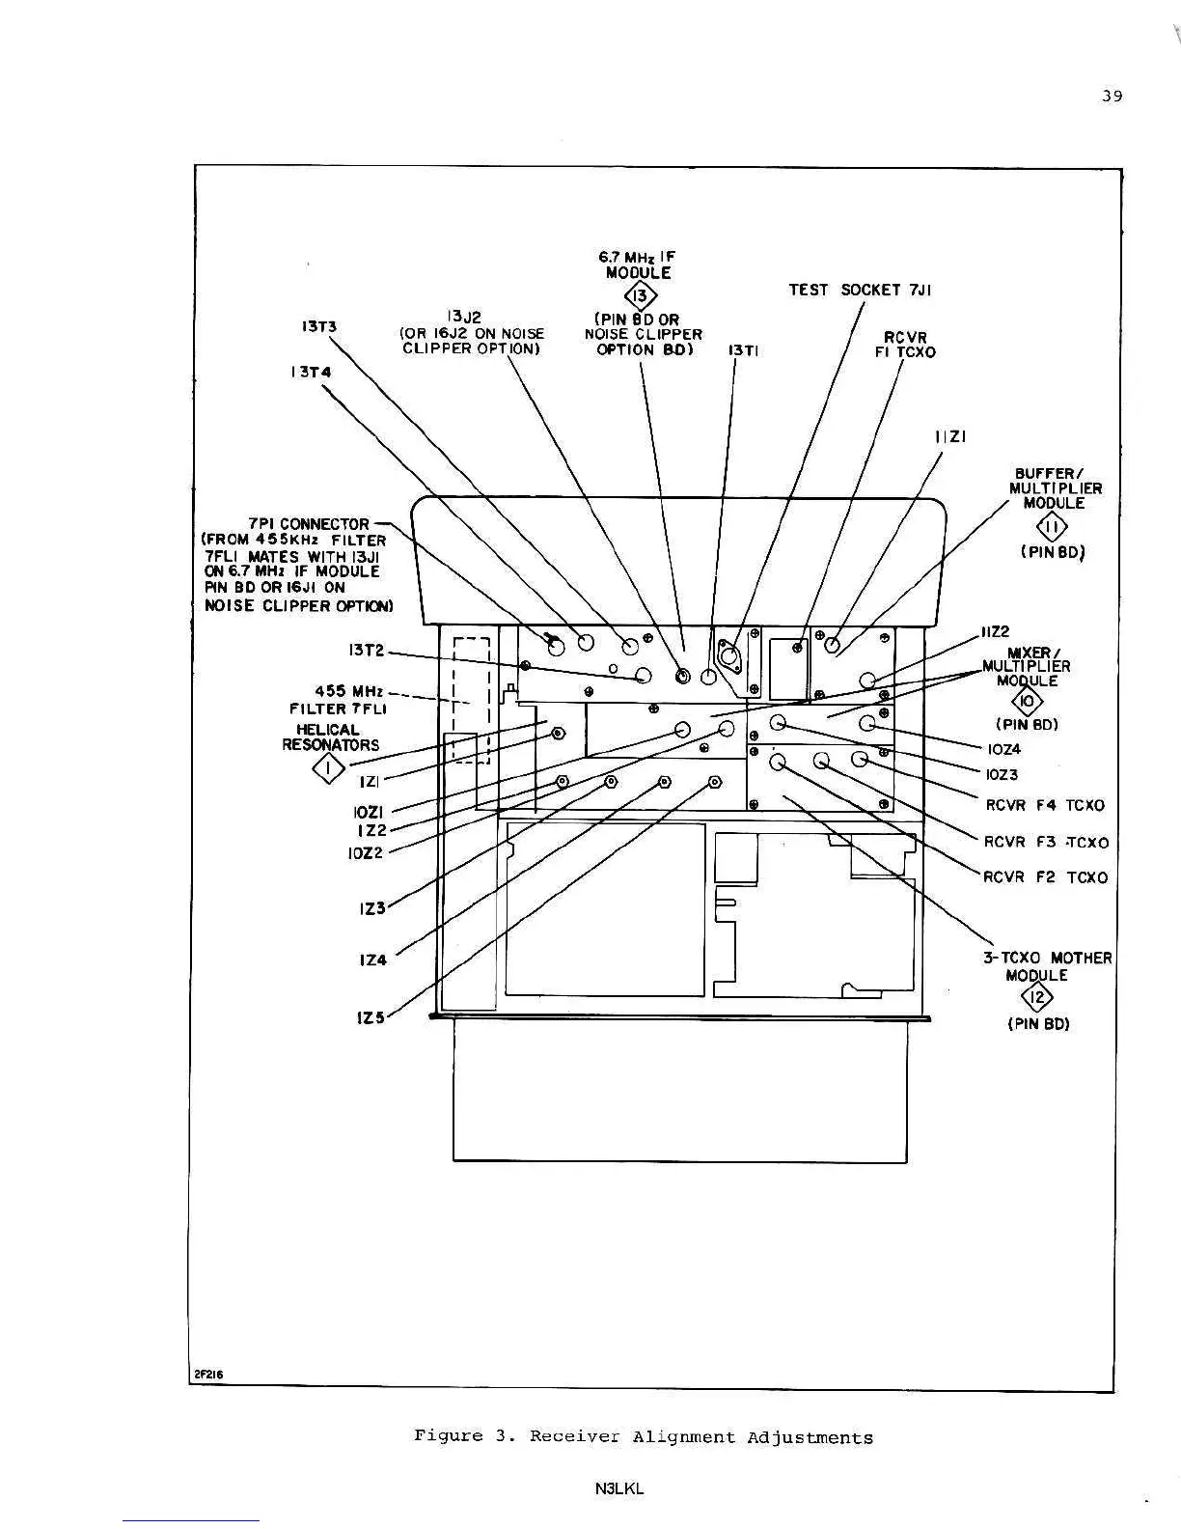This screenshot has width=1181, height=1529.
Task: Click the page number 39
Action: (1112, 96)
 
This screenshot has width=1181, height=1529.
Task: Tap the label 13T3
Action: (319, 326)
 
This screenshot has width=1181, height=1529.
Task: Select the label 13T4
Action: (311, 372)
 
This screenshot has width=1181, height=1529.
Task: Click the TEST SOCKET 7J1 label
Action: (860, 290)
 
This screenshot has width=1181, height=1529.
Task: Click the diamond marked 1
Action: (330, 769)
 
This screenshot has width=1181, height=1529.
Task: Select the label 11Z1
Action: (950, 437)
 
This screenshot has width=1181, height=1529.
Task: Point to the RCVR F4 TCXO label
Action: (1045, 805)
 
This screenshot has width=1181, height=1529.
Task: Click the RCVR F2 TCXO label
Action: (1046, 877)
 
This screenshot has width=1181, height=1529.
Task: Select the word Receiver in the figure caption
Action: (574, 1436)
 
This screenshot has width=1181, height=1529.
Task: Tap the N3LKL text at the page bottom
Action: (619, 1488)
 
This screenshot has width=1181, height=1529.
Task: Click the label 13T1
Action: (743, 351)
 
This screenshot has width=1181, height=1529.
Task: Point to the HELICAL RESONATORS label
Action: (330, 737)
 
